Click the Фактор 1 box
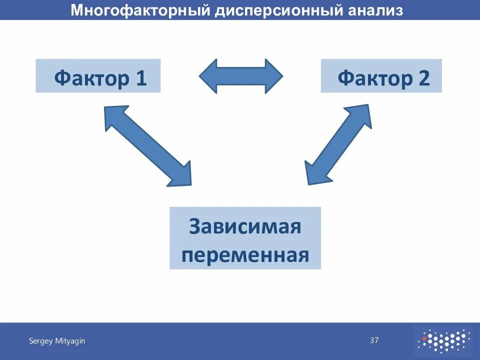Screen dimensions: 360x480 [x=98, y=76]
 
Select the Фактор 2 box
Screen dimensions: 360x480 [x=381, y=76]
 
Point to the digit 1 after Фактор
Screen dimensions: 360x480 [x=140, y=78]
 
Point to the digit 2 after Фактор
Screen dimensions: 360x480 [x=423, y=78]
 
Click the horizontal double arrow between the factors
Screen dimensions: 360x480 [x=241, y=76]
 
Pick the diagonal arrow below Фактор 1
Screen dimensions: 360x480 [x=147, y=145]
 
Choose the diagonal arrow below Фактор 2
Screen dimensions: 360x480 [x=338, y=144]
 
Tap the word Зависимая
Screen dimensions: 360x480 [x=245, y=226]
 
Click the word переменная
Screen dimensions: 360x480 [x=245, y=255]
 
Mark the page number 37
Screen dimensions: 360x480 [x=374, y=340]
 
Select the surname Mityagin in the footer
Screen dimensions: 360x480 [x=69, y=341]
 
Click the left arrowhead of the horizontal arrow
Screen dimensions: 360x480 [x=208, y=76]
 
